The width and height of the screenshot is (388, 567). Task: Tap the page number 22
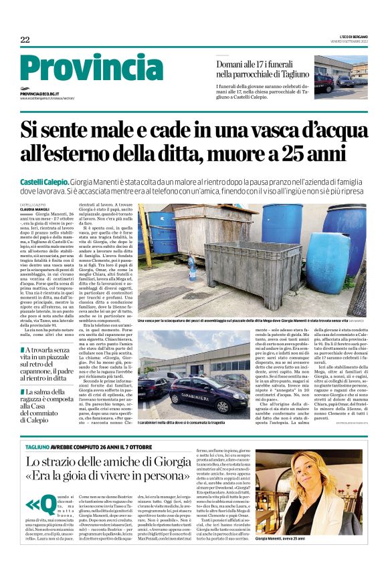[x=25, y=40]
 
